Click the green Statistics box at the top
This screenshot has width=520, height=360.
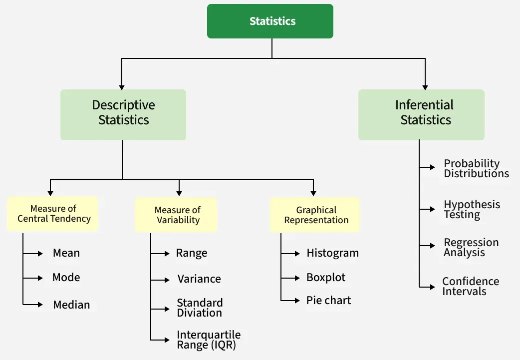(270, 21)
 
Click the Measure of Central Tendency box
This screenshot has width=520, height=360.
(53, 214)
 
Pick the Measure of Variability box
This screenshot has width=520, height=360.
(177, 215)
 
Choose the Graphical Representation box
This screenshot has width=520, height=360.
(315, 215)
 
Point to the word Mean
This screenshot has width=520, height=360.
(66, 253)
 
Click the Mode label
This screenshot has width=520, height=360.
(66, 277)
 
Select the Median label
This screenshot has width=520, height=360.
(71, 305)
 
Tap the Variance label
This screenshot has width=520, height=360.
(199, 279)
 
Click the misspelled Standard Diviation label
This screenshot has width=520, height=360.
(200, 308)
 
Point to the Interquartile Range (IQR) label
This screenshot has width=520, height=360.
(208, 340)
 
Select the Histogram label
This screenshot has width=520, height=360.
(332, 253)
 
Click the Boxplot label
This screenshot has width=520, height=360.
(325, 277)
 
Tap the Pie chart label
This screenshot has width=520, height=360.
(328, 301)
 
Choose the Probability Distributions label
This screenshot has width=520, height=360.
(476, 169)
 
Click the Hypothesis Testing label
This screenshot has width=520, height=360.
(471, 210)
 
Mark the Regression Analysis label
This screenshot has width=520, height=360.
(471, 247)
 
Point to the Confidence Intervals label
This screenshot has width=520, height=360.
(470, 287)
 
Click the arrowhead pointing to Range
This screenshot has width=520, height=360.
(168, 254)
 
